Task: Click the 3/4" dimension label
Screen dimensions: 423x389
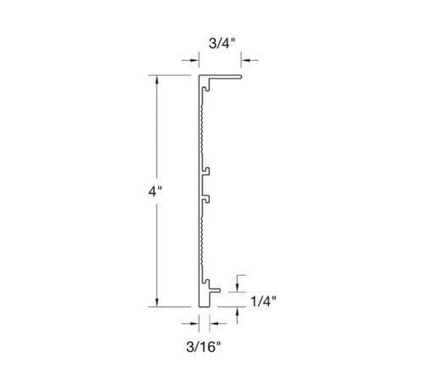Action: pos(222,44)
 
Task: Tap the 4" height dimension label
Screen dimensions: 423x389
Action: pos(155,192)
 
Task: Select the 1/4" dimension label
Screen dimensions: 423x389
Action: pos(263,301)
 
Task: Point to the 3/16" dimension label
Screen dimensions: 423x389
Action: pos(203,347)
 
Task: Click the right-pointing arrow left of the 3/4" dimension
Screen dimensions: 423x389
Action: pos(190,60)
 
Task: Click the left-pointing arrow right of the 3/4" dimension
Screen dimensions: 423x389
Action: pos(250,60)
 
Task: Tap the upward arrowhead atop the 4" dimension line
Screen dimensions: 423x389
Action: pos(157,79)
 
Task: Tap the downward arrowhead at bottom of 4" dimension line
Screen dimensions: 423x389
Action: pos(157,302)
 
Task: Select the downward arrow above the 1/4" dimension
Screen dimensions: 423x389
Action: pos(238,283)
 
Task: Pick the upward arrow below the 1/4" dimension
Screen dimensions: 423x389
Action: pos(238,315)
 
